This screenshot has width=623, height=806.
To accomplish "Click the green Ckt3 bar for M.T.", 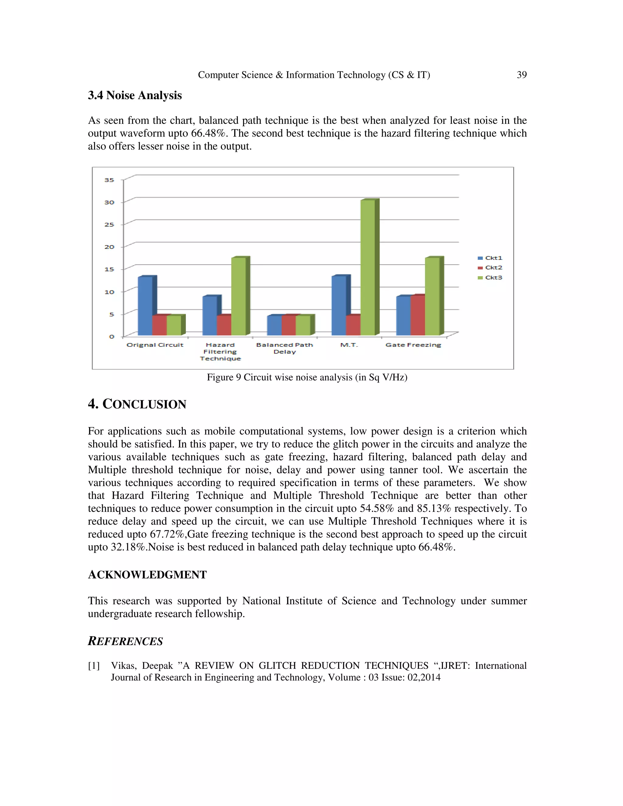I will tap(367, 268).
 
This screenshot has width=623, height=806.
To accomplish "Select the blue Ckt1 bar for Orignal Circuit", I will tap(145, 306).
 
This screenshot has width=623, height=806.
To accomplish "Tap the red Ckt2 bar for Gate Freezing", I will tap(417, 315).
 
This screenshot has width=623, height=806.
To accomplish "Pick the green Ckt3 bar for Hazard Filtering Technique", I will tap(238, 296).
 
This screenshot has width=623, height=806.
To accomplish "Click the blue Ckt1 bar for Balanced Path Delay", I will tap(274, 325).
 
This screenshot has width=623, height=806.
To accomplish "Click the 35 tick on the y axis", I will tap(109, 180).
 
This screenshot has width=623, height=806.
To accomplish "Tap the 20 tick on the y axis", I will tap(109, 247).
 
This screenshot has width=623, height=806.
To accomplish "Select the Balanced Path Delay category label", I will tap(284, 348).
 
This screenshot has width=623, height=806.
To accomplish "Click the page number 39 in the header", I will tap(521, 75).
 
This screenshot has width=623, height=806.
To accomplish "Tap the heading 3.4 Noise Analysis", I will tap(135, 95).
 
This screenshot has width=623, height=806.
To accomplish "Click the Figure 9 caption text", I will tap(307, 377).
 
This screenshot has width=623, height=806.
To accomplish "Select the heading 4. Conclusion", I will tap(137, 404).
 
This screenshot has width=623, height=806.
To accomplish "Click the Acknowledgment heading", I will tap(147, 575).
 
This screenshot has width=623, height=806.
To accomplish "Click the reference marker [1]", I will tap(94, 666).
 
